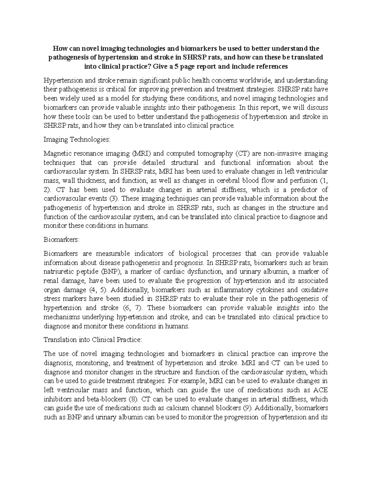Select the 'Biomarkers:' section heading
point(62,240)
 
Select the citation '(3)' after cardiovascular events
point(115,199)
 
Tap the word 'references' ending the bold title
point(271,67)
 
